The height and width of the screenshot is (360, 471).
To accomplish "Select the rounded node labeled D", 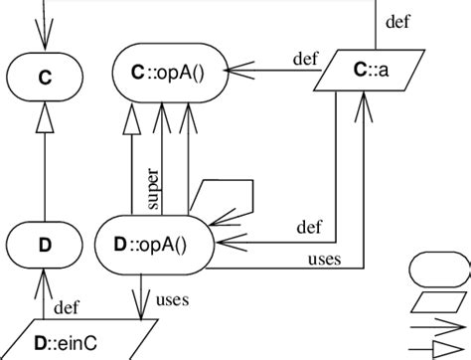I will tap(43, 244).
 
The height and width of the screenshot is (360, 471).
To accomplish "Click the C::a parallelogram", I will tap(366, 71).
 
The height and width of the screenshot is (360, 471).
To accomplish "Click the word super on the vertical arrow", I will tap(153, 188).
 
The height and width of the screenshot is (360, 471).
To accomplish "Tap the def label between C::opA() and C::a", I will tap(305, 57).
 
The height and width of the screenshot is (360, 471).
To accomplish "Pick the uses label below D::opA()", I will tap(173, 297).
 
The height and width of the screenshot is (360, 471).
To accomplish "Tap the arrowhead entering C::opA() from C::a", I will tap(235, 71).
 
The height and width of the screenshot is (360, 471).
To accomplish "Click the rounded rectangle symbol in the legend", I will tap(437, 269).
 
